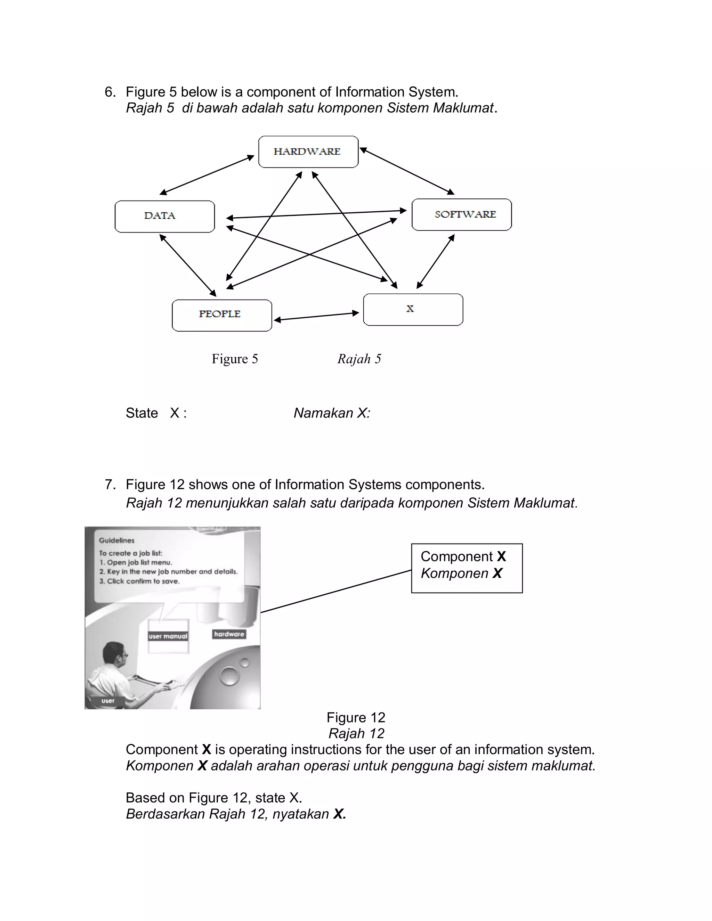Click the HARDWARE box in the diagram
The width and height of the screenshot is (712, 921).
(308, 152)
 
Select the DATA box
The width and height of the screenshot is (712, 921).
(164, 216)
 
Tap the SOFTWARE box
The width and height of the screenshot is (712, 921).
(461, 215)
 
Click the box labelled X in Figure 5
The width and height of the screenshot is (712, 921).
(413, 310)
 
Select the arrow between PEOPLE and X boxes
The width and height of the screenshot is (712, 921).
(316, 316)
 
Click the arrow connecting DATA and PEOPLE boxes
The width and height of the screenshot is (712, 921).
(188, 265)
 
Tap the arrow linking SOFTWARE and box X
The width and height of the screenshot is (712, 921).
(435, 261)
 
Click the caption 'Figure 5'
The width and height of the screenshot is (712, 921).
(235, 359)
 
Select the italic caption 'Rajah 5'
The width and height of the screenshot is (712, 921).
(359, 359)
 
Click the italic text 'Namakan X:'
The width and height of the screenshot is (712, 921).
(332, 413)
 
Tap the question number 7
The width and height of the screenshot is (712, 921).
(110, 484)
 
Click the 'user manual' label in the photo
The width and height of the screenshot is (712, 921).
(168, 636)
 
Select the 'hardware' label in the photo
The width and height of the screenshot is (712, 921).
(229, 634)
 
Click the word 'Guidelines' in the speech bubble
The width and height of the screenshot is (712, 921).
(117, 540)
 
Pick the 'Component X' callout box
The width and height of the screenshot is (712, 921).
(467, 568)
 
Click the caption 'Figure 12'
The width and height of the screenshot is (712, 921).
(356, 717)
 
